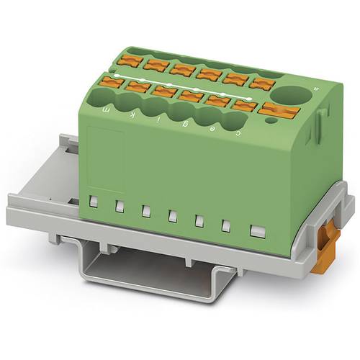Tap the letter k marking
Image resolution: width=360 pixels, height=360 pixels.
click(130, 114)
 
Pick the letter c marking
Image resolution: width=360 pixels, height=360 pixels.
click(239, 132)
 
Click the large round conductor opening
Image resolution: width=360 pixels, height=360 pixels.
click(292, 95)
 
